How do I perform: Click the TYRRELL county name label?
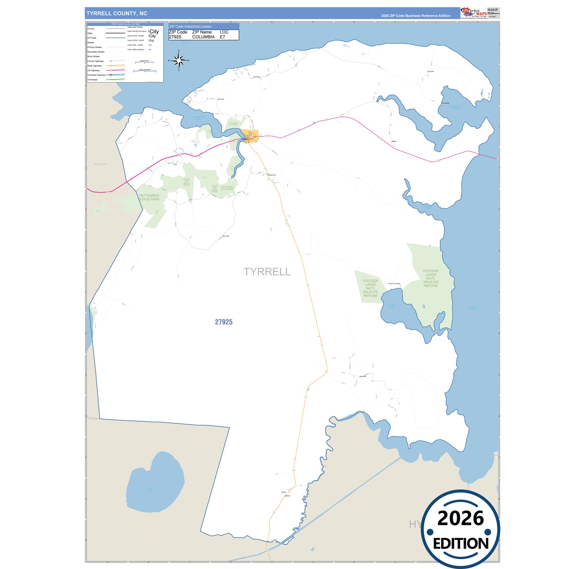click(x=267, y=272)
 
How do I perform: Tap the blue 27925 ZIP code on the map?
click(x=224, y=322)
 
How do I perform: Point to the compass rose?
click(x=179, y=61)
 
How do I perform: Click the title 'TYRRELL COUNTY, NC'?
click(x=117, y=13)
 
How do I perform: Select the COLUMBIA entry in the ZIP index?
click(x=203, y=37)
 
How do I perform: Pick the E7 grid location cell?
click(x=222, y=37)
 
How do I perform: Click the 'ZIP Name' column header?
click(x=202, y=32)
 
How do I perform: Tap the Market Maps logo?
click(x=474, y=13)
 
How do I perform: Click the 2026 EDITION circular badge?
click(x=460, y=529)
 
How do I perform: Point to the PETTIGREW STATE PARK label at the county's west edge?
click(x=149, y=197)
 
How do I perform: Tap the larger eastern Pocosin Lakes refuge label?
click(x=430, y=278)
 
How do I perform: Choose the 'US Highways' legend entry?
click(x=94, y=70)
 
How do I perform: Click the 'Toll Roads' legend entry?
click(x=92, y=80)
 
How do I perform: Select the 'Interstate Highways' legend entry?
click(x=96, y=75)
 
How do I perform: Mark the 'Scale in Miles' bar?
click(x=144, y=62)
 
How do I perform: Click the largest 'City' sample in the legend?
click(x=154, y=32)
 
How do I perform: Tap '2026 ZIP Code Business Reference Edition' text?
click(x=415, y=16)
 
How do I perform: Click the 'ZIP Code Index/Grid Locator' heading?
click(x=190, y=26)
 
